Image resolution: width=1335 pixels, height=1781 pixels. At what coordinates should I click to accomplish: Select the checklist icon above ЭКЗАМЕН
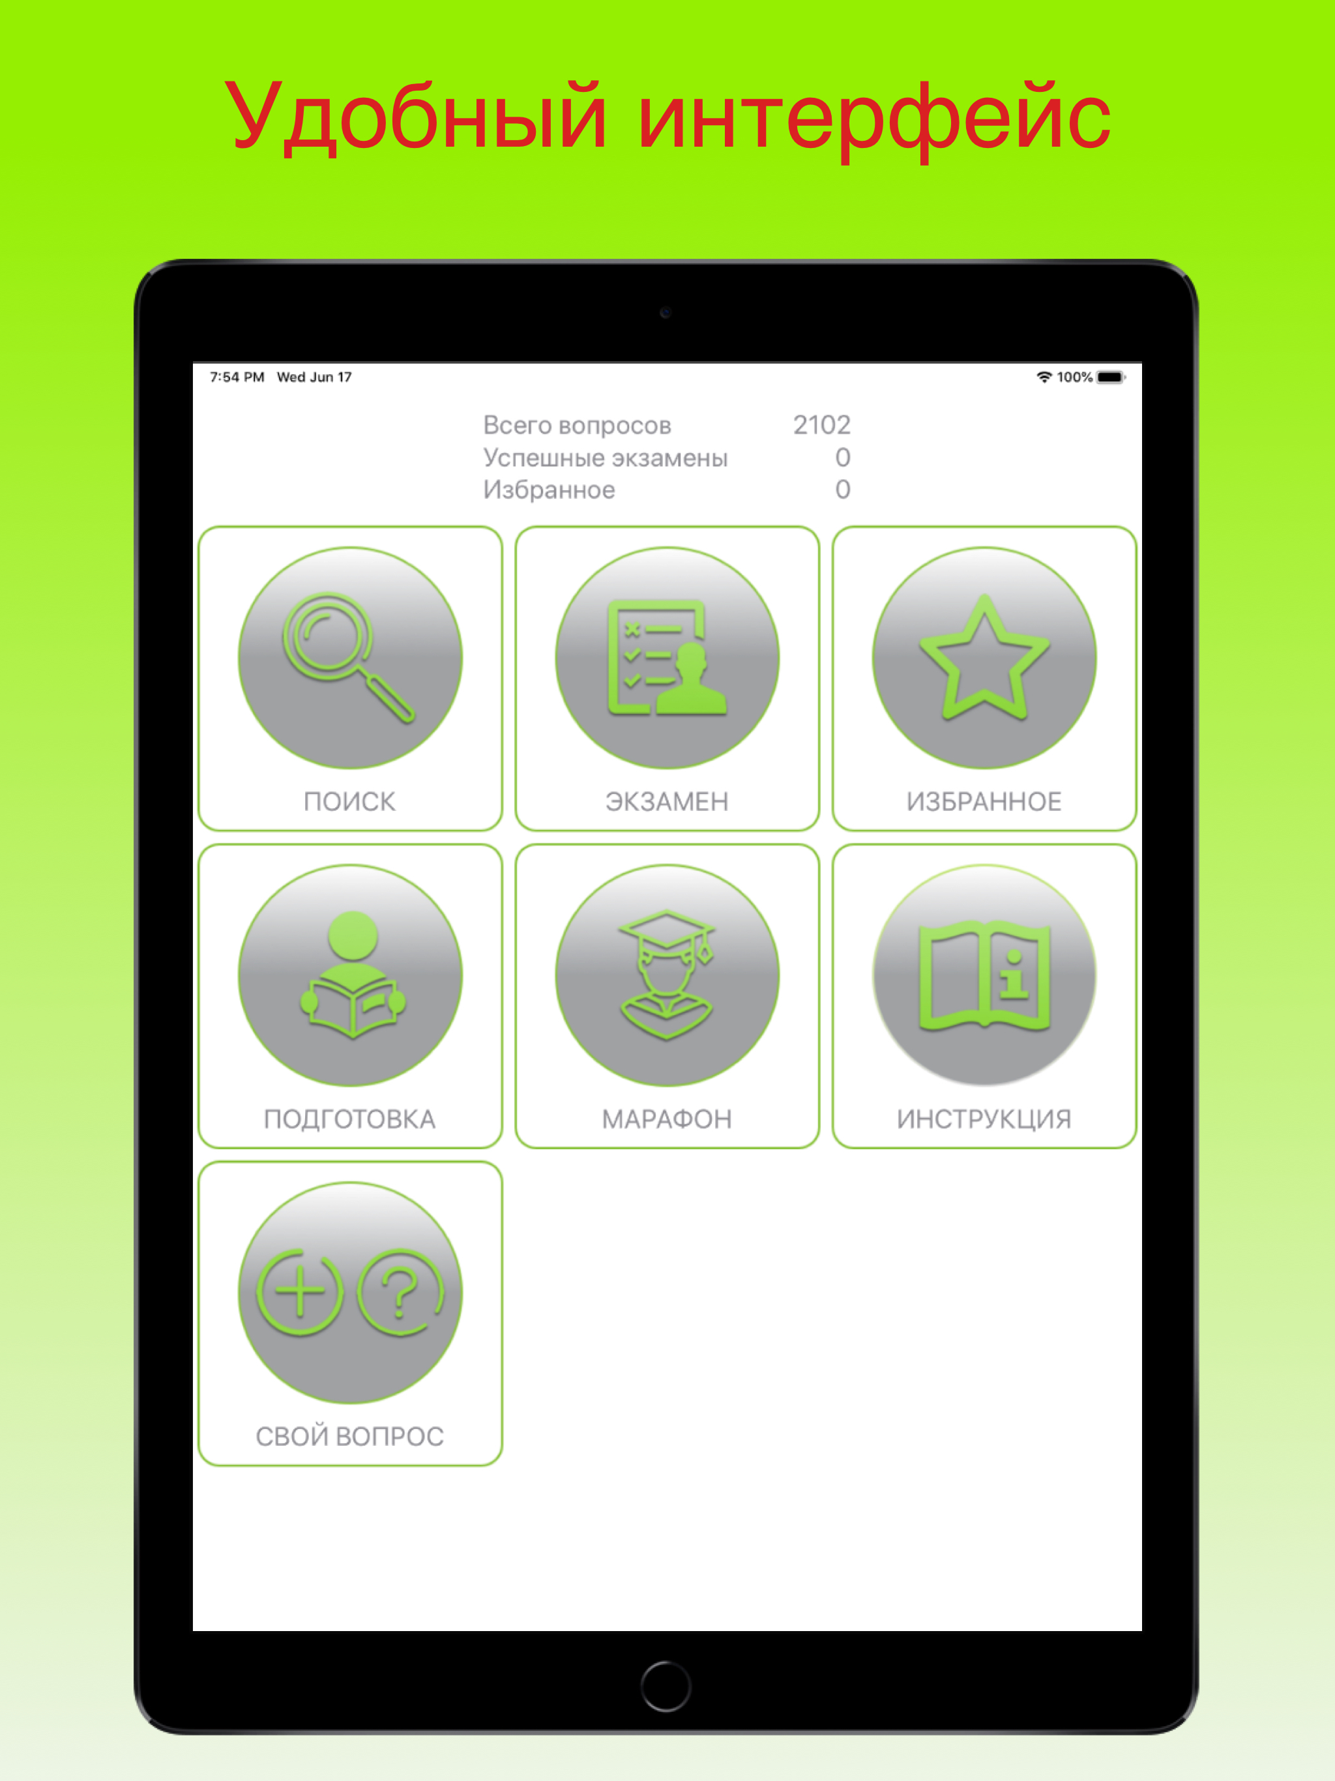tap(667, 657)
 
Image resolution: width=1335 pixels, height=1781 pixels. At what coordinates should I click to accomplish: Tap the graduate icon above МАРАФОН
tap(667, 974)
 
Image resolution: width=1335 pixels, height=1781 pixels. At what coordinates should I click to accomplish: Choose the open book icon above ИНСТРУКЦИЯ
tap(984, 976)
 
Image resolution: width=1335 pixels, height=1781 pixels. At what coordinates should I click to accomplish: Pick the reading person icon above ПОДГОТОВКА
tap(352, 974)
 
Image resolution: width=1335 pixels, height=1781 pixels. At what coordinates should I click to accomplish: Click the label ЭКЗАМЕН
tap(667, 801)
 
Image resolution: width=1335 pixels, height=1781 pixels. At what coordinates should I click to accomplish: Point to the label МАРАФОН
tap(667, 1119)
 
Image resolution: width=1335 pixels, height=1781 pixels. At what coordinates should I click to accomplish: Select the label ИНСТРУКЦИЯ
tap(984, 1119)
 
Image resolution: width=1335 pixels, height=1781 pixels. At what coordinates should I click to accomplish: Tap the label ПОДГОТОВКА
tap(349, 1119)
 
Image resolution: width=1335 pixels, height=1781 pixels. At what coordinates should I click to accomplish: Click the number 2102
tap(821, 424)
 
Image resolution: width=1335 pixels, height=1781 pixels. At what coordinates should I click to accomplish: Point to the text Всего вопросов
tap(576, 425)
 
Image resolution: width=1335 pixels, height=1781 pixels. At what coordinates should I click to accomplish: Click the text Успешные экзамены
tap(605, 458)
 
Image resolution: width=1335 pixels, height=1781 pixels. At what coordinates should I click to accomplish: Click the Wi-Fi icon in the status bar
tap(1044, 377)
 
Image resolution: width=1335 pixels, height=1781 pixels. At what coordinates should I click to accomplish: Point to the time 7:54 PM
tap(237, 377)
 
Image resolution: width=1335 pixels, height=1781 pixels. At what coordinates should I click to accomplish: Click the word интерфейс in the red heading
tap(874, 119)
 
